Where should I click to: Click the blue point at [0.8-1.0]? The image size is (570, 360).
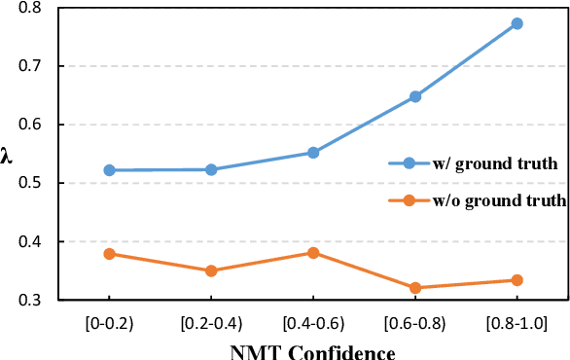517,23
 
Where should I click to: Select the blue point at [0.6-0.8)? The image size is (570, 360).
415,96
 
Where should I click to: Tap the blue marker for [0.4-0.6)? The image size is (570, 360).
313,153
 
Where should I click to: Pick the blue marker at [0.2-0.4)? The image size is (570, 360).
211,169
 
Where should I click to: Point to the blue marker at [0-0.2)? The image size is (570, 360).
109,170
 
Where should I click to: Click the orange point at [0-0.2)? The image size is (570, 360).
109,254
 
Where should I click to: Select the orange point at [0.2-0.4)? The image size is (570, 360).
211,270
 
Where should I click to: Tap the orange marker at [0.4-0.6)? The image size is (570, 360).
313,253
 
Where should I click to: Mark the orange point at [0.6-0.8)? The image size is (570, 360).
415,288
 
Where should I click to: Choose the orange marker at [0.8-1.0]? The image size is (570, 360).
517,280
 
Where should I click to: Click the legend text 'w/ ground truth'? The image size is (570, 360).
496,163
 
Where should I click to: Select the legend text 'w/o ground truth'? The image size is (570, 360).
500,200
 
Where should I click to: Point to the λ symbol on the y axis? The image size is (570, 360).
9,154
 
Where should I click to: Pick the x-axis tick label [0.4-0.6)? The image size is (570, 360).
313,320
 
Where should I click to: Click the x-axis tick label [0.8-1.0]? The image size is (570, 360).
517,320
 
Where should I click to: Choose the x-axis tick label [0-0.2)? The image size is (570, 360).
109,320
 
